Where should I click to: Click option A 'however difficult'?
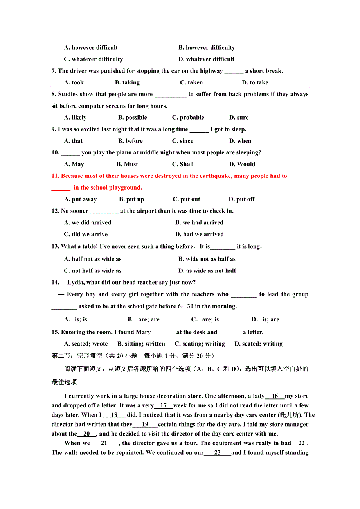pyautogui.click(x=91, y=48)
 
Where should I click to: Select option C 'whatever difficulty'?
pyautogui.click(x=94, y=59)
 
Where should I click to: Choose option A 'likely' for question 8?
pyautogui.click(x=75, y=118)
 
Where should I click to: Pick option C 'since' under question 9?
pyautogui.click(x=183, y=141)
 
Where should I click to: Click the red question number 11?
pyautogui.click(x=55, y=176)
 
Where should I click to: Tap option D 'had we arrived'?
pyautogui.click(x=200, y=235)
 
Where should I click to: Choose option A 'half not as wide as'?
pyautogui.click(x=93, y=259)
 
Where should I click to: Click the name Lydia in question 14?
pyautogui.click(x=76, y=283)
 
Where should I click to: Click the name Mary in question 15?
pyautogui.click(x=143, y=332)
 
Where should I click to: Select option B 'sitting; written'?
pyautogui.click(x=141, y=344)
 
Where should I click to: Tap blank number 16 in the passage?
pyautogui.click(x=275, y=396)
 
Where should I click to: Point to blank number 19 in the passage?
pyautogui.click(x=145, y=425)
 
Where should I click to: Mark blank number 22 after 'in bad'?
pyautogui.click(x=301, y=443)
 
